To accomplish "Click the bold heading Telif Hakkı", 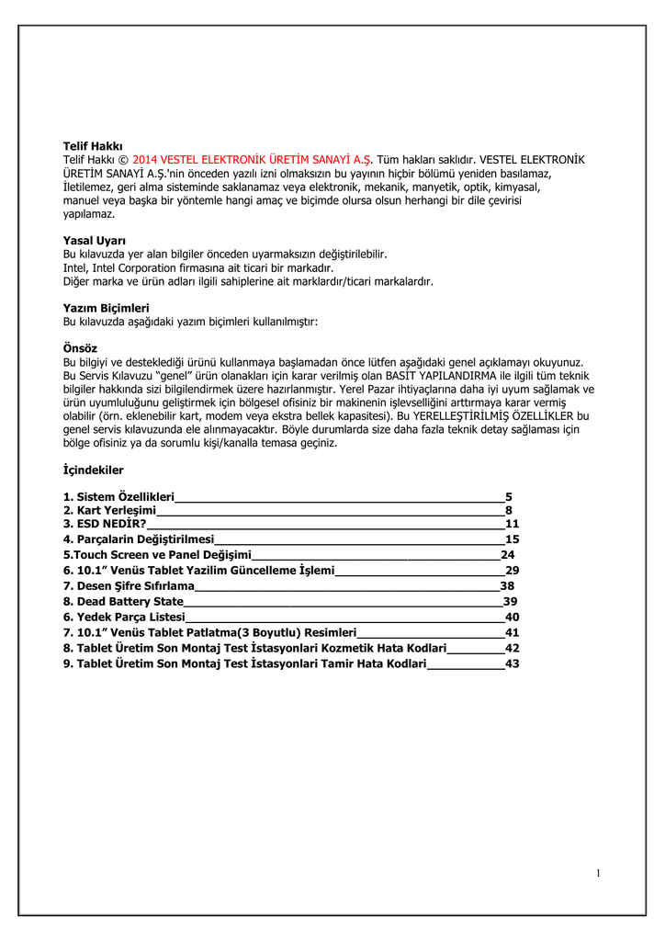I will [x=93, y=146].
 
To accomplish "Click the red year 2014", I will [x=147, y=160].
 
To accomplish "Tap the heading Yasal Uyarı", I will [x=94, y=241].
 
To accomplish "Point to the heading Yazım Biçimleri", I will [x=106, y=308].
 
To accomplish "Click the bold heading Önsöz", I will [x=80, y=349].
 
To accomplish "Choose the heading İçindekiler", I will [x=93, y=470].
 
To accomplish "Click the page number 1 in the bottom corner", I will [x=598, y=873].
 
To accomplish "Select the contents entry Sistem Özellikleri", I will [x=118, y=497].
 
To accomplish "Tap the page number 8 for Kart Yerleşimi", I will [x=508, y=510].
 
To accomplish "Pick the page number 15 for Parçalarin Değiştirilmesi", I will [x=513, y=539].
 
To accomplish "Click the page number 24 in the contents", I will [x=508, y=555].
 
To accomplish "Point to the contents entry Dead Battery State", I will [x=123, y=601].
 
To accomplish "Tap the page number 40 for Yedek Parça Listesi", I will [x=513, y=617].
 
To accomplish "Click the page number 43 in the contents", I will [x=513, y=663].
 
